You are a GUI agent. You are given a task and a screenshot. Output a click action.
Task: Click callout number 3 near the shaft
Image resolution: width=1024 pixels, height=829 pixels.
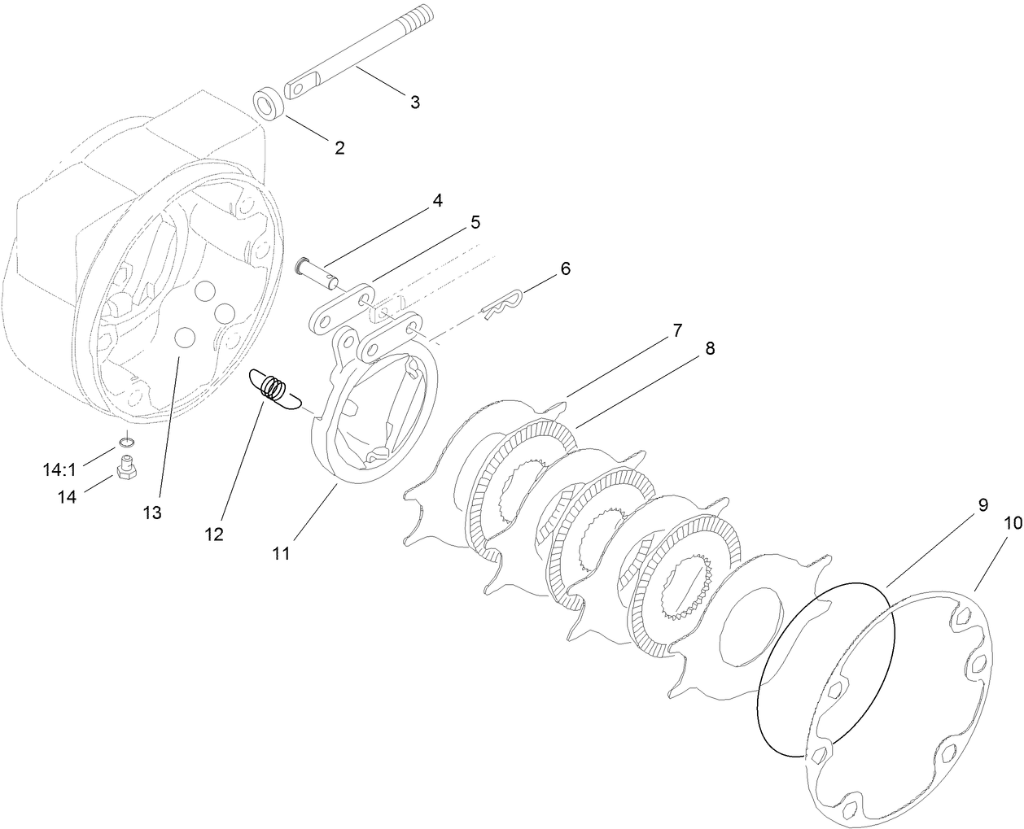click(x=414, y=103)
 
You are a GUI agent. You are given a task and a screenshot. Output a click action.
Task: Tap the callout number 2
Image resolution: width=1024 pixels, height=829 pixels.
click(x=339, y=147)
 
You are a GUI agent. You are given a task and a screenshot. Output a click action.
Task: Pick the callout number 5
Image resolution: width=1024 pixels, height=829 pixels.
click(x=475, y=222)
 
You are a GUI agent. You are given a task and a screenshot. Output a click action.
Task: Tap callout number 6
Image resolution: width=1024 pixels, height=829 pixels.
click(x=565, y=268)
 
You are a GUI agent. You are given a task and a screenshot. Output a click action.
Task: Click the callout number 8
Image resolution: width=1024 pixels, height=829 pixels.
click(x=710, y=348)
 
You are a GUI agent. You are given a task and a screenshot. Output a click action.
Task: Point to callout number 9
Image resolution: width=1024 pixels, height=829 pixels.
click(x=982, y=504)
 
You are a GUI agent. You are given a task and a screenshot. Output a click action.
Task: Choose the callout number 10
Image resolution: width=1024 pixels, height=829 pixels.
click(x=1012, y=524)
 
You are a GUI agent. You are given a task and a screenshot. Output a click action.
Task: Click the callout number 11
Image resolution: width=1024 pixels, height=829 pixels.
click(x=281, y=554)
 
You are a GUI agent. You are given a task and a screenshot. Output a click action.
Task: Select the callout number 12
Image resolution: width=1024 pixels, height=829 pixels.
click(x=214, y=534)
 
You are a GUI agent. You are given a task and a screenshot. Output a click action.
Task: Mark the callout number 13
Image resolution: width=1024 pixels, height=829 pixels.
click(x=151, y=513)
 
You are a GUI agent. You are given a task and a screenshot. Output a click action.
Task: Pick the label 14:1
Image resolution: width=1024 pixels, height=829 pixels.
click(x=59, y=469)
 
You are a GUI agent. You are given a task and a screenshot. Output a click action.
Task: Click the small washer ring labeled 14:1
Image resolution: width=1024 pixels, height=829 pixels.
click(x=125, y=442)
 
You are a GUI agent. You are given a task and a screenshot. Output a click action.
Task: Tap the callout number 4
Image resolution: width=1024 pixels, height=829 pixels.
click(x=437, y=200)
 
